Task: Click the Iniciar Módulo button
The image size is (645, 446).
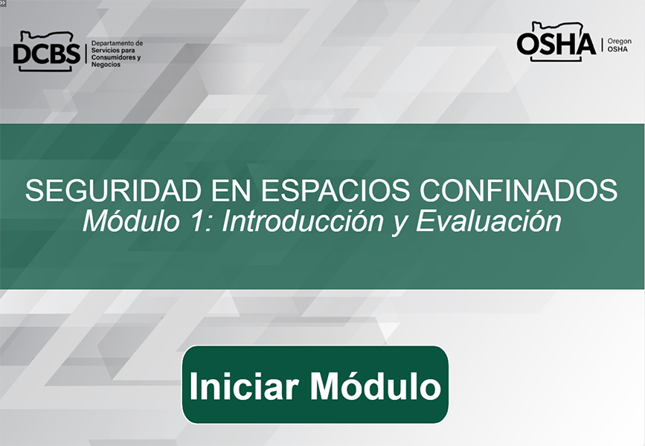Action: [315, 384]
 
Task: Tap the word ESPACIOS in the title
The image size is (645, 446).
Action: [335, 190]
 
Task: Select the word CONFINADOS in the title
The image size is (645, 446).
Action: [519, 190]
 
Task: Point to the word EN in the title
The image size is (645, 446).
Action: [231, 190]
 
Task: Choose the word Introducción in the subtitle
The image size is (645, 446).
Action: [302, 222]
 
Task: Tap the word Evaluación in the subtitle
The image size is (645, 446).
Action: [488, 222]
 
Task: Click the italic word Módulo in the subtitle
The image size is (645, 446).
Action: [131, 222]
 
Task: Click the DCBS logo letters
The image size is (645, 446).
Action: [46, 54]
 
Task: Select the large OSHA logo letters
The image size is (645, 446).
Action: [556, 44]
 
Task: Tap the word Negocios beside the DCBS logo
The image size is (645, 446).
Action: [106, 65]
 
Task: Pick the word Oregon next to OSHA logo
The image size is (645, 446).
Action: [619, 42]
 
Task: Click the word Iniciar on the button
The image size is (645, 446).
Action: [243, 386]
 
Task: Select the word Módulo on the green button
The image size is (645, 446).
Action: [376, 385]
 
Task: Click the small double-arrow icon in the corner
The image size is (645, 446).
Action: [2, 2]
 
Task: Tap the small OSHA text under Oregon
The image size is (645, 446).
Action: [617, 49]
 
